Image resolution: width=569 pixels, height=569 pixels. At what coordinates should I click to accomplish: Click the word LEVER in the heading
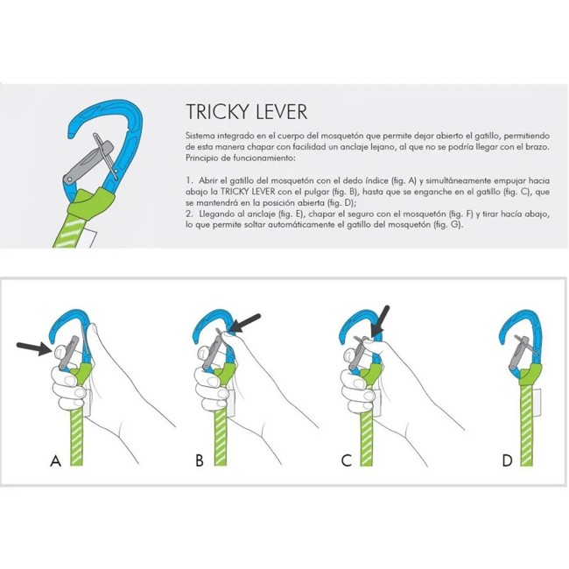(x=282, y=113)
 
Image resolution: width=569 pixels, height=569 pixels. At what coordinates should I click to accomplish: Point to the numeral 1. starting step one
(x=189, y=179)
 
